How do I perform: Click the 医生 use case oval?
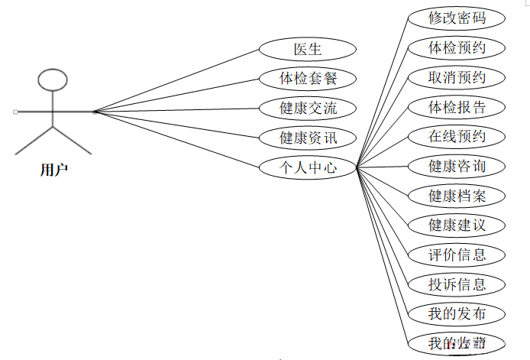(308, 49)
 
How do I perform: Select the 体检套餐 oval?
(308, 78)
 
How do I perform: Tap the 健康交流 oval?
(308, 108)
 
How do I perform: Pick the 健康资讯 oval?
(308, 138)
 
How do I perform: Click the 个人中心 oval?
(308, 167)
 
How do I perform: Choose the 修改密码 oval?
(457, 18)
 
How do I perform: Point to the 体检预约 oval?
(457, 47)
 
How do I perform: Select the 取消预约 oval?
(457, 77)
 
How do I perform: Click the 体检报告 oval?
(457, 107)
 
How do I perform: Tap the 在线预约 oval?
(457, 137)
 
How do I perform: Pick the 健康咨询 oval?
(457, 166)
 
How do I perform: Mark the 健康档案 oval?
(457, 196)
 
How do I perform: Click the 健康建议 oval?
(457, 225)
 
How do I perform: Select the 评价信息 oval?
(457, 255)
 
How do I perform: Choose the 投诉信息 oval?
(457, 284)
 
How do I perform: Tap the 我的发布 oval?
(457, 313)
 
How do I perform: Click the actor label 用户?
(53, 170)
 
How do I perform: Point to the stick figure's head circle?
(53, 79)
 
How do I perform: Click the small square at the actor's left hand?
(15, 112)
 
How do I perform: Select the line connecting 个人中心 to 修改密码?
(382, 91)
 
